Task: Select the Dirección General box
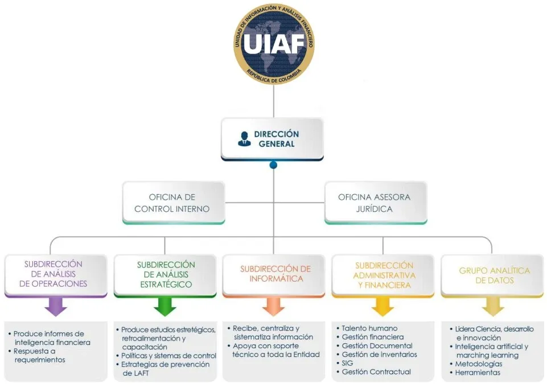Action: tap(273, 139)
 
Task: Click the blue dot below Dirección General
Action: tap(273, 165)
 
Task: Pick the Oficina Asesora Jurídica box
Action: tap(375, 203)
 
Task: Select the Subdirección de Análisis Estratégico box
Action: tap(165, 274)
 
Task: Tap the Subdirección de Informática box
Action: tap(275, 274)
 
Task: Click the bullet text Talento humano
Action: tap(369, 328)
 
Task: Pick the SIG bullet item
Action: tap(347, 363)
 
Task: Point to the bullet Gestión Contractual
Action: tap(376, 372)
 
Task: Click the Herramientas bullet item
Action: tap(478, 372)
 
